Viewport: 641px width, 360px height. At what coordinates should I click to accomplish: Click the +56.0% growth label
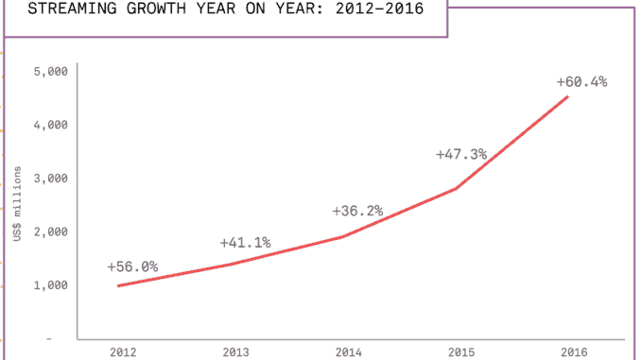[x=132, y=266]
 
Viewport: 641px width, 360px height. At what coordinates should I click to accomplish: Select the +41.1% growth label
[x=245, y=243]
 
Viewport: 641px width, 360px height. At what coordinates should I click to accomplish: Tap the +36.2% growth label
[x=357, y=211]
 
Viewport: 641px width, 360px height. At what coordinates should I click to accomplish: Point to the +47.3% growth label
[x=461, y=154]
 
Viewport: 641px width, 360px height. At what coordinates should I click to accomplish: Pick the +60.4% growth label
[x=580, y=80]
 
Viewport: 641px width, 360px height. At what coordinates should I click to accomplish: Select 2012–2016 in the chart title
[x=372, y=11]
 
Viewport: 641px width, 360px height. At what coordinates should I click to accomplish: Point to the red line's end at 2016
[x=567, y=96]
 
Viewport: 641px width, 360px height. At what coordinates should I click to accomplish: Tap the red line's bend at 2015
[x=458, y=189]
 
